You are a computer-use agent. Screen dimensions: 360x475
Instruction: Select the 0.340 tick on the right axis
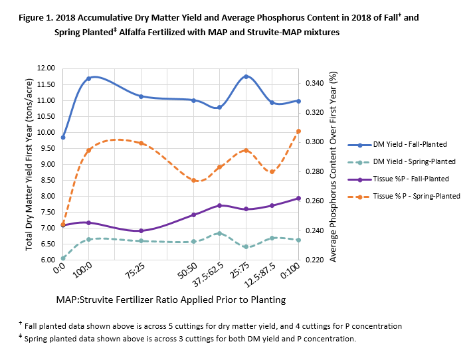tap(314, 83)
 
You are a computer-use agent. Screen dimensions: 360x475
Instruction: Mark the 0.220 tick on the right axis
tap(314, 260)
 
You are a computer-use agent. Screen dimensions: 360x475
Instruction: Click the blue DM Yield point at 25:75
tap(246, 76)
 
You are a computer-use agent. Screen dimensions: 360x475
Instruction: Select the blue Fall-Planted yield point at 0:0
tap(63, 137)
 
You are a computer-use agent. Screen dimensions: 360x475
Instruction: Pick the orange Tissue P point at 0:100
tap(298, 132)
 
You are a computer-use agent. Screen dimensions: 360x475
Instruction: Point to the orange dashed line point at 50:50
tap(193, 180)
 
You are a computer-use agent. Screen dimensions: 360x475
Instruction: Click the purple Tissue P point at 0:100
tap(298, 198)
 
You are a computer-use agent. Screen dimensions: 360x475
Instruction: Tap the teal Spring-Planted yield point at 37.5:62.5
tap(219, 233)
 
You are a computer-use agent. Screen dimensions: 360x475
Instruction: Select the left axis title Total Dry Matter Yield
tap(29, 163)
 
